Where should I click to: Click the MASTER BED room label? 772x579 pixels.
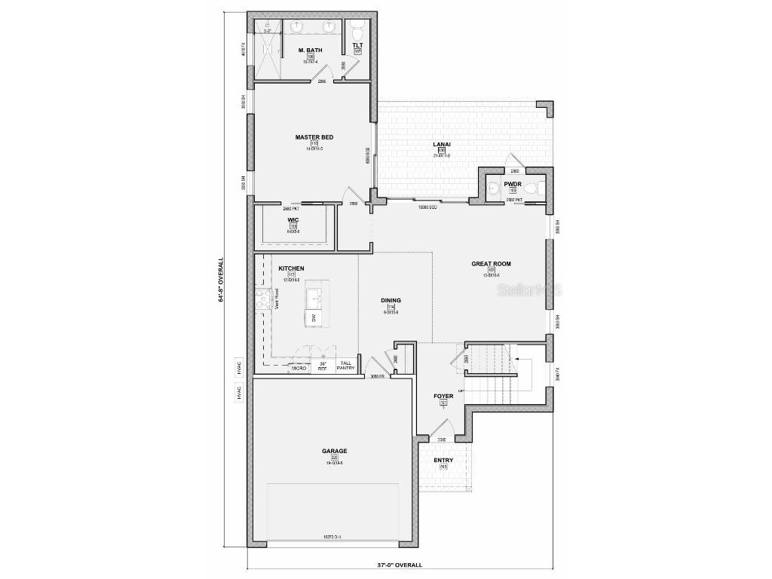(x=314, y=137)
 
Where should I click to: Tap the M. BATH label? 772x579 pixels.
(x=310, y=51)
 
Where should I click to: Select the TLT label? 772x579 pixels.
(x=357, y=45)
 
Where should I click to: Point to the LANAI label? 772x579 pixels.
(x=441, y=144)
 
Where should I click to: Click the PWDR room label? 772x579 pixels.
(x=513, y=183)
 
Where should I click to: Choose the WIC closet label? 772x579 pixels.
(x=293, y=220)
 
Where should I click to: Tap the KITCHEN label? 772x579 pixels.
(x=291, y=268)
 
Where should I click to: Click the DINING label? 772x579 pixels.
(x=391, y=300)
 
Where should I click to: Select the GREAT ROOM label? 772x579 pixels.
(x=491, y=264)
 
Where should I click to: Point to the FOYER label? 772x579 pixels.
(x=443, y=396)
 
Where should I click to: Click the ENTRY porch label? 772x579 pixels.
(x=443, y=460)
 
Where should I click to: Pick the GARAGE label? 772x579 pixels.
(x=334, y=451)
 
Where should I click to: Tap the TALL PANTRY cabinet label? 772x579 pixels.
(x=345, y=366)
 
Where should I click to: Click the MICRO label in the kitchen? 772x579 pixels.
(x=299, y=368)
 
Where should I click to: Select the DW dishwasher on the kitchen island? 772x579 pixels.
(x=314, y=318)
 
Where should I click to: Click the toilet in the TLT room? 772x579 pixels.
(x=357, y=29)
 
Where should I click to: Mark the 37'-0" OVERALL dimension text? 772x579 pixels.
(x=400, y=565)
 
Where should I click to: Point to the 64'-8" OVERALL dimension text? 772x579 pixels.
(x=221, y=280)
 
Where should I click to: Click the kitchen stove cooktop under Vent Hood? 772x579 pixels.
(x=262, y=300)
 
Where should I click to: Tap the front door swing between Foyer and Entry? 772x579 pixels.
(x=437, y=430)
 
